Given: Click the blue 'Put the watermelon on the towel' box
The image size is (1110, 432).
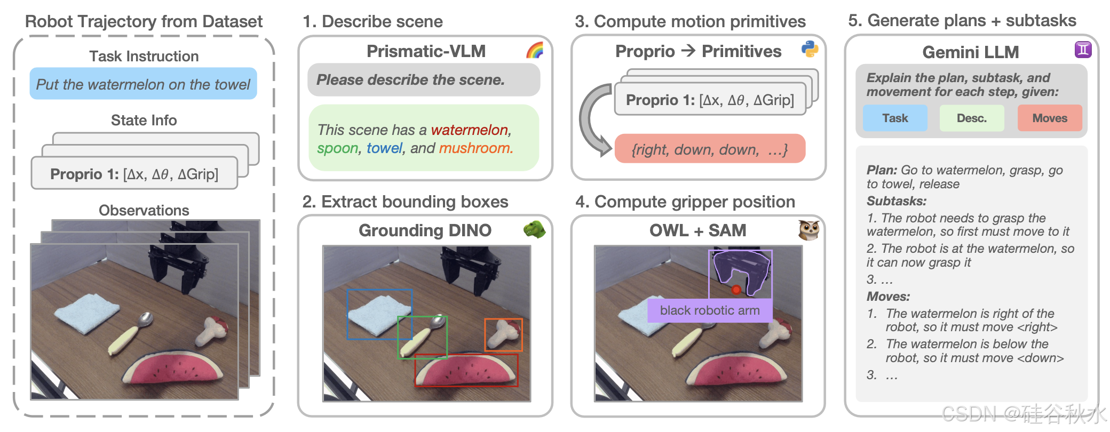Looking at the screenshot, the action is pos(143,84).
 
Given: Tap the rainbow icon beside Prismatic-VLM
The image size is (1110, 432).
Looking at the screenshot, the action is pos(535,50).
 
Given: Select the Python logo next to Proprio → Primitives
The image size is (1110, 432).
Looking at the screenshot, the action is pos(810,49).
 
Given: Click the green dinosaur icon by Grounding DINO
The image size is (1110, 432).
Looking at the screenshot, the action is pos(534,229).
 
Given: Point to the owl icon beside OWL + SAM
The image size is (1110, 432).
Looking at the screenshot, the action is pos(808,230).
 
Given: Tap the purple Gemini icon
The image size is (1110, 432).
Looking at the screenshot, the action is pos(1083,50).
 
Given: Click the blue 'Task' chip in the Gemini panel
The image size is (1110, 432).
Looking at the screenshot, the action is pos(895,118).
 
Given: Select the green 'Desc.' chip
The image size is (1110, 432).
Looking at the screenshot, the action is pos(971,118).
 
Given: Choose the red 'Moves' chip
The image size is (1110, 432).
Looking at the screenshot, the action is pos(1049,118).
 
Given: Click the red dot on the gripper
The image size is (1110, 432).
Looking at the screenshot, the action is pos(736,290).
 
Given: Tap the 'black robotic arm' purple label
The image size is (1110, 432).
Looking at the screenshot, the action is pos(710,310).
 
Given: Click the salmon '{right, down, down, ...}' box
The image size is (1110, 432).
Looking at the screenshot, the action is pos(710,149).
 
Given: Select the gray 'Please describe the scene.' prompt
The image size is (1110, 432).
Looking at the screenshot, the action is pos(424,80).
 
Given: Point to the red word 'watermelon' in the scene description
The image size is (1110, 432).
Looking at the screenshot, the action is pos(470,130).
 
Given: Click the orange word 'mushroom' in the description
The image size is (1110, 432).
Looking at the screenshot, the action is pos(475,148).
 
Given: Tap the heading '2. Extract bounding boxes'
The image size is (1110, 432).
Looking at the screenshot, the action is pos(405,202).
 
